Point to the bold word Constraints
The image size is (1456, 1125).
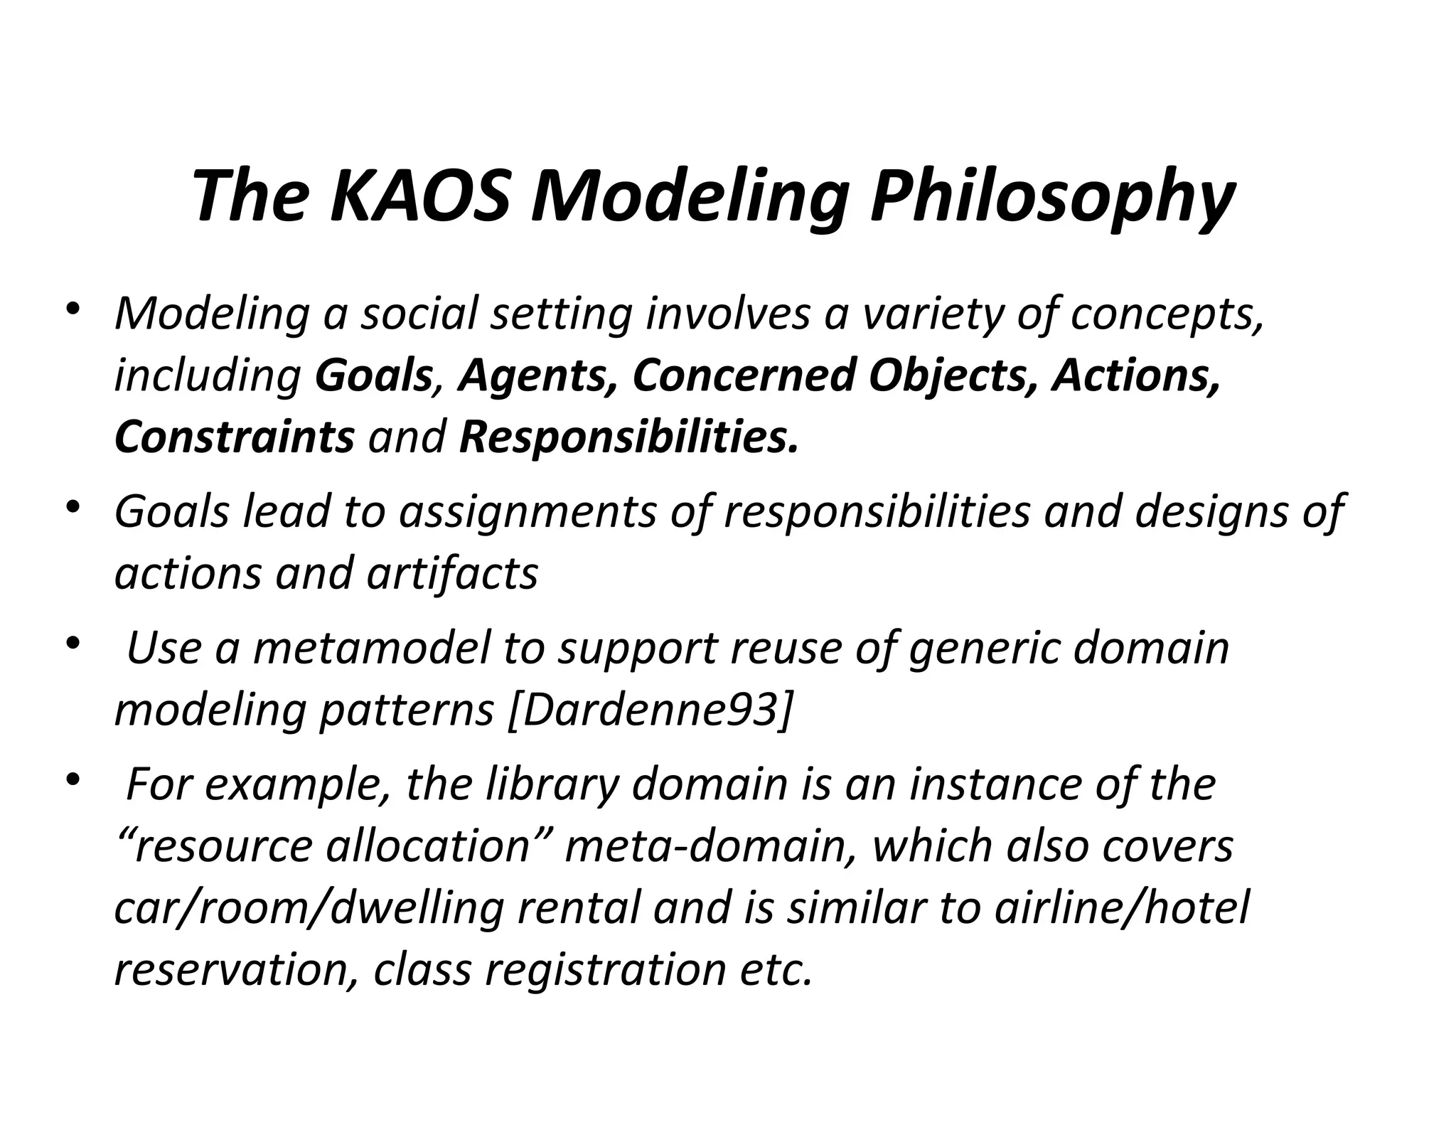click(x=234, y=437)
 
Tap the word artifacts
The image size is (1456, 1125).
click(x=452, y=573)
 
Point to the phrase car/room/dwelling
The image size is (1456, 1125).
click(x=309, y=909)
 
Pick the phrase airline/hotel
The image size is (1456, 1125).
click(x=1121, y=907)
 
